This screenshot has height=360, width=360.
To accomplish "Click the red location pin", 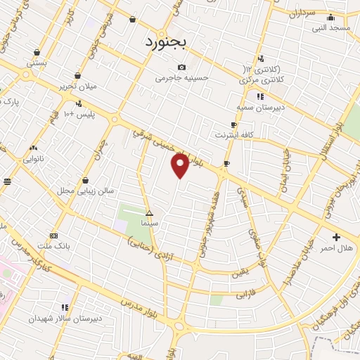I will click(x=181, y=166).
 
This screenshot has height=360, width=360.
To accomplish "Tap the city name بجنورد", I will click(x=167, y=42).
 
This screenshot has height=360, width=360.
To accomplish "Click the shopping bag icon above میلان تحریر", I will click(x=77, y=75).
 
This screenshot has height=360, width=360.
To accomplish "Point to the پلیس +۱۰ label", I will click(x=79, y=113).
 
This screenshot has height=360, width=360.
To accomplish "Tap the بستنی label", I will click(x=37, y=63).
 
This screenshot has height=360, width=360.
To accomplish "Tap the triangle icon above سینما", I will click(x=148, y=212).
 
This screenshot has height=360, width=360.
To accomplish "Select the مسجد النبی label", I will click(x=331, y=28).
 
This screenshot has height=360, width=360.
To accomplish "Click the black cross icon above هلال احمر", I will click(x=336, y=237).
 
